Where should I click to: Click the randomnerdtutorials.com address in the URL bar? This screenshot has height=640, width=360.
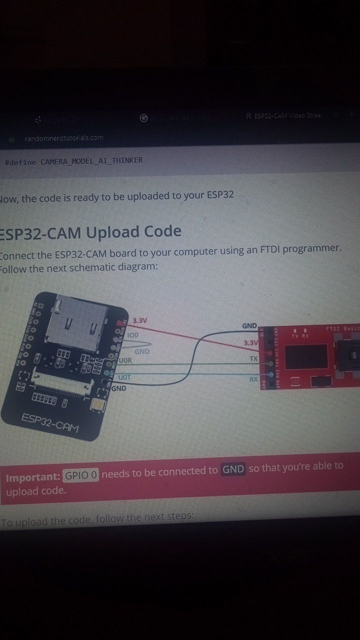pos(64,137)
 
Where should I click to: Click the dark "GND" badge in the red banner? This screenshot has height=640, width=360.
pos(232,469)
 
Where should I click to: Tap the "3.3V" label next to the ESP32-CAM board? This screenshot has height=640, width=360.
pos(140,320)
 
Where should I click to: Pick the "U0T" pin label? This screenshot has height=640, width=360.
pos(124,377)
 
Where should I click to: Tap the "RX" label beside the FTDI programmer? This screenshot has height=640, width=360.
pos(254,379)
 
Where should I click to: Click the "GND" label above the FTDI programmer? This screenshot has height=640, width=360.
pos(249,326)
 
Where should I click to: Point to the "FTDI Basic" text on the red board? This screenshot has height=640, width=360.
pos(342,328)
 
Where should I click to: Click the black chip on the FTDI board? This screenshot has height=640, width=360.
pos(305,355)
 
